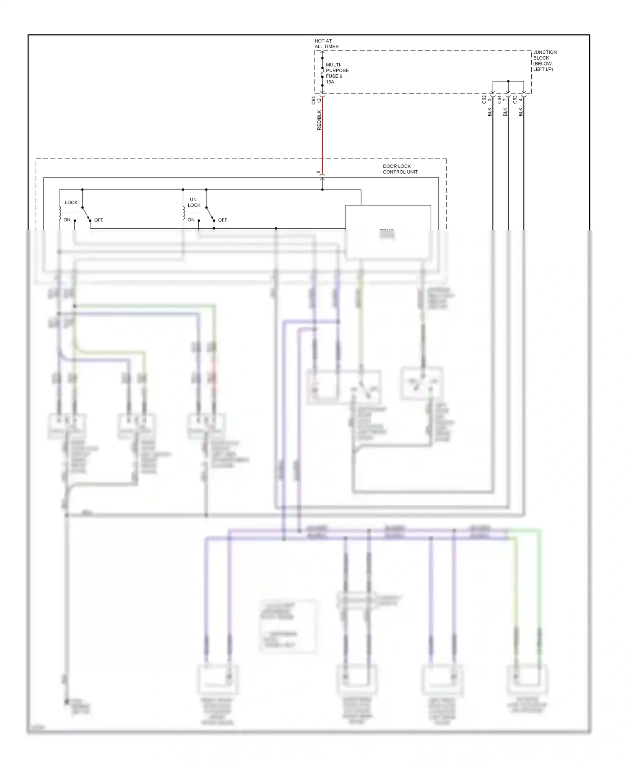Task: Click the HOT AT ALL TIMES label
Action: (326, 44)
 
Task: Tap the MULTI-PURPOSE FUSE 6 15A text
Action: (337, 73)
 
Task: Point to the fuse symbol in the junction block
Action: (322, 73)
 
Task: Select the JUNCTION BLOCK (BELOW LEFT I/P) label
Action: (545, 61)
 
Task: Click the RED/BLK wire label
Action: (319, 120)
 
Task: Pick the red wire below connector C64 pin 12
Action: (322, 138)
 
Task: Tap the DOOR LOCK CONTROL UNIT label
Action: (400, 169)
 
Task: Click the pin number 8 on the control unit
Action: (318, 172)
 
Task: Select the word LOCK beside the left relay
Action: (71, 203)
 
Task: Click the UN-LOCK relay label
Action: (194, 203)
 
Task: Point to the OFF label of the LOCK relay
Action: (99, 220)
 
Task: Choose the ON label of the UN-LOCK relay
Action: (191, 220)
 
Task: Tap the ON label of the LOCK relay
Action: (67, 220)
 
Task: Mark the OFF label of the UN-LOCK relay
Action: (223, 220)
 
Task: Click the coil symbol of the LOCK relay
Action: (60, 213)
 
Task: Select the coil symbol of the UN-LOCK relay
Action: (183, 213)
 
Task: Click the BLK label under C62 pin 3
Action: (489, 112)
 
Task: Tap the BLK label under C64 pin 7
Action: (505, 112)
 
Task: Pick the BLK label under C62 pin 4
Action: (520, 112)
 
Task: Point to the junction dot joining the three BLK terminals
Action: (508, 81)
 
